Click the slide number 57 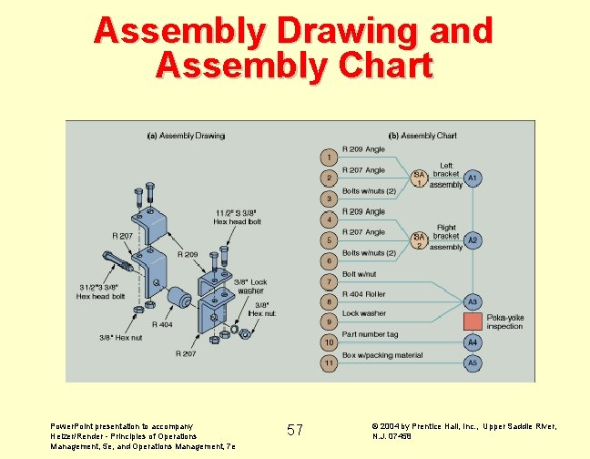[x=295, y=429]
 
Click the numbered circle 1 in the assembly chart [x=329, y=157]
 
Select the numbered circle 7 [x=329, y=282]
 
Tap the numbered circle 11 [x=329, y=363]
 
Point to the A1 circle [x=473, y=178]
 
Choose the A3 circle [x=473, y=301]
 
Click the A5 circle [x=473, y=362]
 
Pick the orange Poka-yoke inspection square [x=473, y=321]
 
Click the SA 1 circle [x=420, y=178]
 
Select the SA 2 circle [x=420, y=240]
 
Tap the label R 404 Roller [x=364, y=294]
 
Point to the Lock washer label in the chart [x=364, y=313]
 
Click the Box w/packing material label [x=382, y=354]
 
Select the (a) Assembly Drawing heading [x=186, y=136]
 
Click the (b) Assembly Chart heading [x=422, y=136]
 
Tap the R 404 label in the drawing [x=162, y=324]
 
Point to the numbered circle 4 [x=329, y=219]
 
